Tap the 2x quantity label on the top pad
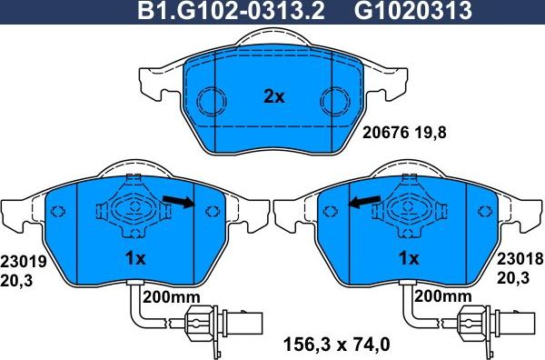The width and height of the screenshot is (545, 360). [x=273, y=96]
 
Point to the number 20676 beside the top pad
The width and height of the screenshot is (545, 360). [x=388, y=132]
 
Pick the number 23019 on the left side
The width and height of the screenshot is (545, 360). [x=23, y=259]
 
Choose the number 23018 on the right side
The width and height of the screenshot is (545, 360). [x=520, y=259]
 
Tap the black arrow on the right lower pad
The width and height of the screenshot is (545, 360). [x=365, y=202]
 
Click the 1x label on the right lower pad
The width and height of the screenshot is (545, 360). [x=409, y=259]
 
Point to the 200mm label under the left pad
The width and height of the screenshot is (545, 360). [x=170, y=297]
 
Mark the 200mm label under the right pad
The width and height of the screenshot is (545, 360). [x=443, y=297]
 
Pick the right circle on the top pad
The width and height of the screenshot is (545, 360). [x=335, y=98]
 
